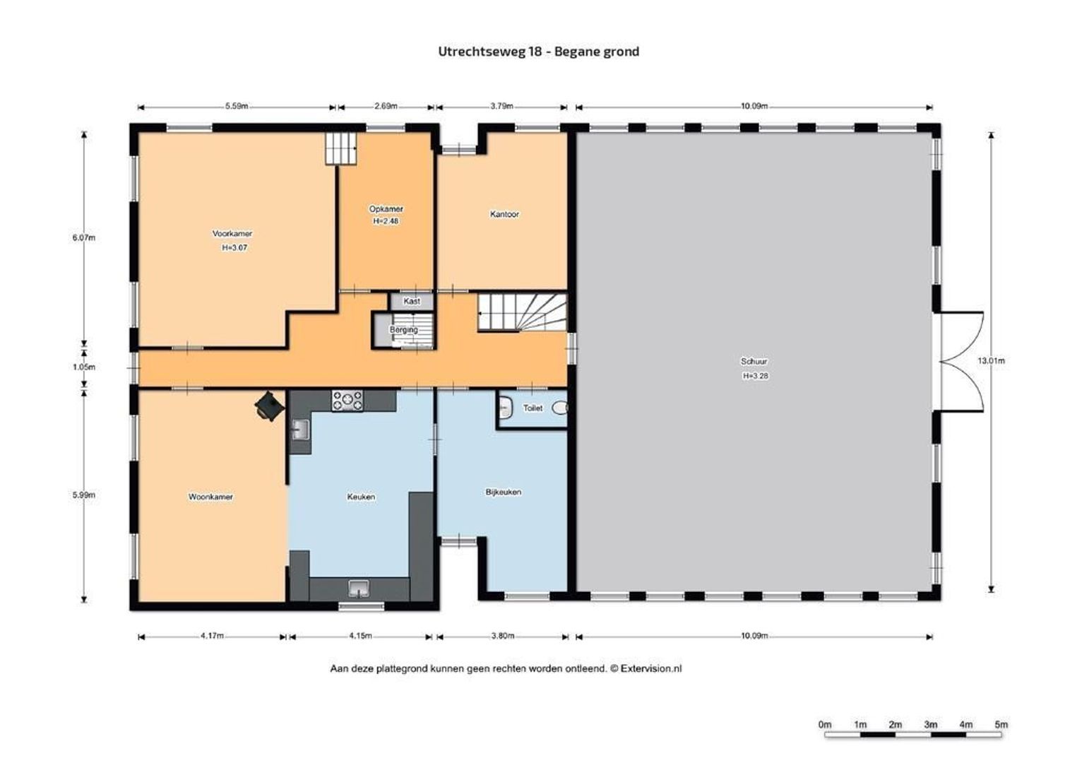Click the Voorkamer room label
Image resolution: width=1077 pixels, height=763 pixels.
(x=232, y=234)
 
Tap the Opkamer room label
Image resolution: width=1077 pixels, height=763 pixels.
(x=386, y=209)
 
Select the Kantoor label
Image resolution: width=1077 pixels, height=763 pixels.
(x=504, y=214)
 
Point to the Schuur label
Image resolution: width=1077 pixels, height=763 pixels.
(x=754, y=362)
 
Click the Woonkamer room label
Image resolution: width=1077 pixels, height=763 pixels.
(x=210, y=497)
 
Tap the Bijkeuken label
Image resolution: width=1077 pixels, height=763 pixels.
(x=503, y=492)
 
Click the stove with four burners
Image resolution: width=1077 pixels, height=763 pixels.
(x=347, y=401)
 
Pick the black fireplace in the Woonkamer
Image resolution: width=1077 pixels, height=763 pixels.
(x=268, y=406)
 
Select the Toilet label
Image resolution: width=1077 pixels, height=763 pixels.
(x=532, y=408)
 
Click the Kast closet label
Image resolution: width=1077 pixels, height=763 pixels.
(x=412, y=301)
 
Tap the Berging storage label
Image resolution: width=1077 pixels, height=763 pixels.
(x=403, y=330)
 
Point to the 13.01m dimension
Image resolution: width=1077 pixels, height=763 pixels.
(x=991, y=361)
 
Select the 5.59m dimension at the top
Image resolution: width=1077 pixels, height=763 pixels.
(x=237, y=107)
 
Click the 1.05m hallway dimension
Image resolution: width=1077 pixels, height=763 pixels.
(x=84, y=367)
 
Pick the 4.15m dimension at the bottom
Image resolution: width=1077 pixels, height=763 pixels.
(x=360, y=636)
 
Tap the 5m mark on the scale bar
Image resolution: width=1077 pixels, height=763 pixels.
(x=1001, y=724)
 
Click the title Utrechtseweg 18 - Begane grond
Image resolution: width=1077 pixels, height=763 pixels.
(x=538, y=51)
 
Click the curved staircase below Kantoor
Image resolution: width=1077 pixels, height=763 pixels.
(x=523, y=312)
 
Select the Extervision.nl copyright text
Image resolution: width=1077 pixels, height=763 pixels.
(x=506, y=668)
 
